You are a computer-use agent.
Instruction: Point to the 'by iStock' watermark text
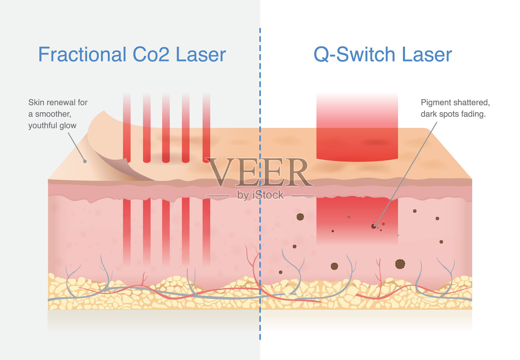click(x=260, y=195)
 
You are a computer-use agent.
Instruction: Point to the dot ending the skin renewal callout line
click(x=85, y=161)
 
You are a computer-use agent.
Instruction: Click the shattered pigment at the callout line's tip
click(x=374, y=225)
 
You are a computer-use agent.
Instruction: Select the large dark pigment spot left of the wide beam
click(x=300, y=217)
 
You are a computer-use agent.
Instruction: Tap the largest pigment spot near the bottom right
click(x=400, y=264)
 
